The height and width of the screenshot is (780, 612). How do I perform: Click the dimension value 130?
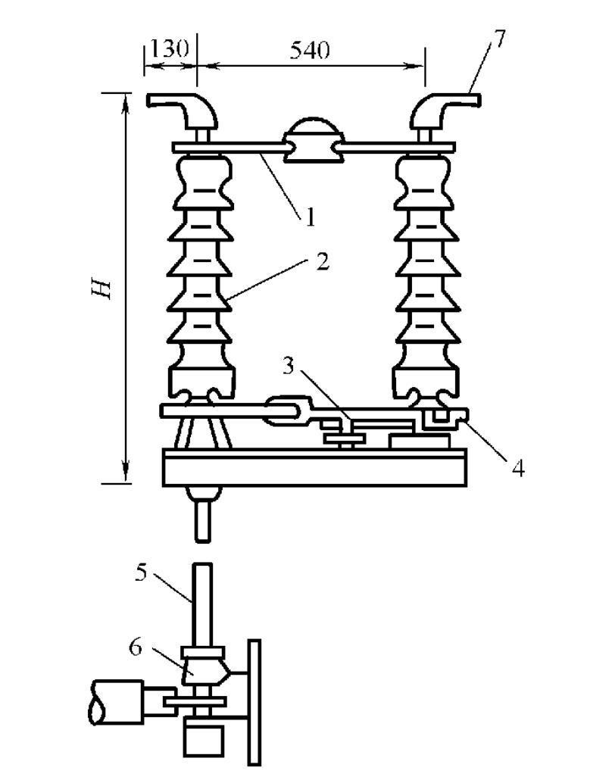coord(170,49)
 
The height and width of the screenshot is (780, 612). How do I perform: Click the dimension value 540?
coord(310,50)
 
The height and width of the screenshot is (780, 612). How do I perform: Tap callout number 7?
coord(499,39)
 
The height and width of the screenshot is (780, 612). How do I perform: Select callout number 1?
coord(310,217)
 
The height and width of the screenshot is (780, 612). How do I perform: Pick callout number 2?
coord(323,262)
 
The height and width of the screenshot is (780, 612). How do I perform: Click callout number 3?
coord(289,367)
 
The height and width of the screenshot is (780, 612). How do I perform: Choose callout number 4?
coord(518,468)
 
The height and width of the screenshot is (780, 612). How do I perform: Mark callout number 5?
coord(142,573)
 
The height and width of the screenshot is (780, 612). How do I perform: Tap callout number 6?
coord(136,647)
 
